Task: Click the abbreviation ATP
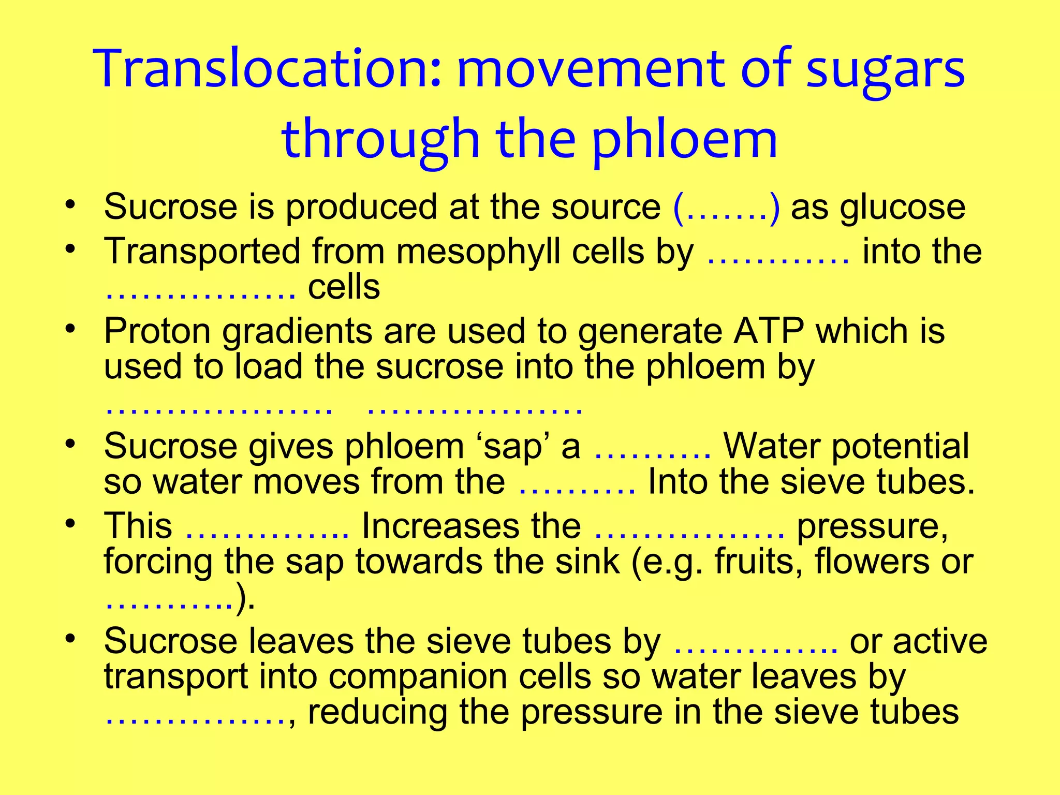click(768, 331)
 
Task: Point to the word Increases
click(471, 526)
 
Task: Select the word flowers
click(872, 562)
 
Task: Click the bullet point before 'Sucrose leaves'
click(71, 639)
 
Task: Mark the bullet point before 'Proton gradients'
click(71, 329)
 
